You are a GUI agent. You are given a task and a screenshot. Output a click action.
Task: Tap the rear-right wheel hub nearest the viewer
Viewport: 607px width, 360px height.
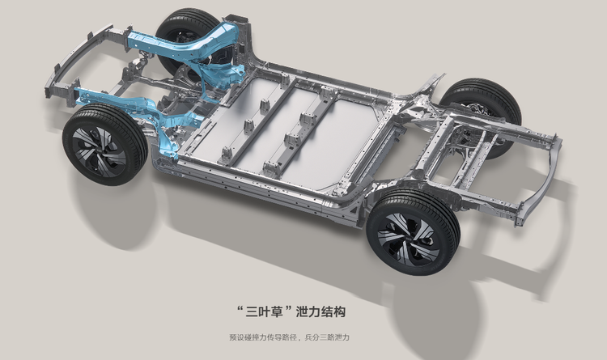[x=410, y=236]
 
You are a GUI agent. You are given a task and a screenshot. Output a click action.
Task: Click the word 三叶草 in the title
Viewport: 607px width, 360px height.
[x=265, y=311]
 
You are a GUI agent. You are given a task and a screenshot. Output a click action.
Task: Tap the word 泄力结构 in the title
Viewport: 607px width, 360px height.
[x=320, y=311]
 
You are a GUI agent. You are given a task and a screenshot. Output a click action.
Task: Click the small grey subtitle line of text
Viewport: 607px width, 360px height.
[x=289, y=337]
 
